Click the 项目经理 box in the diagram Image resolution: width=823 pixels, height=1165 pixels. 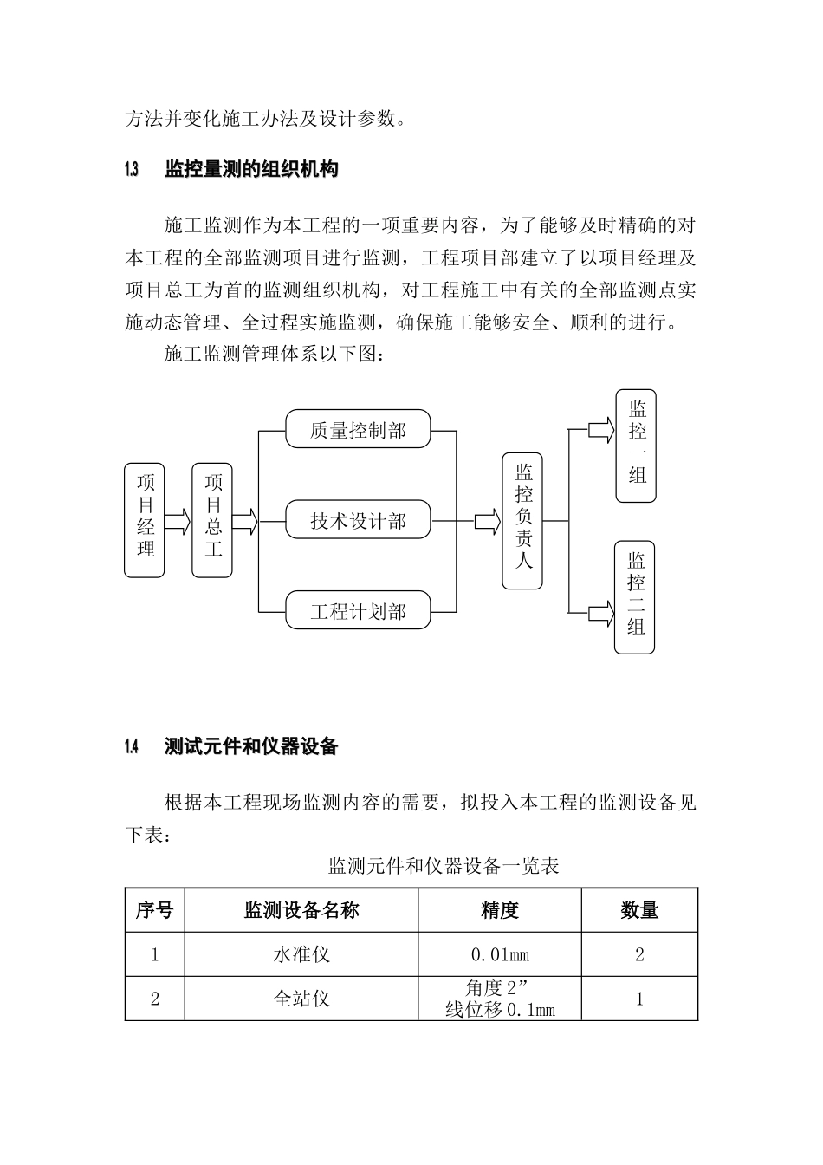coord(146,520)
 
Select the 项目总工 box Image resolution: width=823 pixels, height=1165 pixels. coord(212,520)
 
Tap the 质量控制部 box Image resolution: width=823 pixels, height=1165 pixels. coord(358,429)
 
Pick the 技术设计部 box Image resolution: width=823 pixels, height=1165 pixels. coord(358,520)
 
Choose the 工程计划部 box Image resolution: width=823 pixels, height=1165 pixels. coord(358,611)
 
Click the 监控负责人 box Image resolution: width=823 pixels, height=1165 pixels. coord(523,520)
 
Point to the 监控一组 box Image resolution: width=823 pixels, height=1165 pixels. coord(637,446)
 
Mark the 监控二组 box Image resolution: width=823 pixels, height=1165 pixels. coord(635,597)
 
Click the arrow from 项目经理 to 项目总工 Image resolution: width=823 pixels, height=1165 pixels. coord(178,521)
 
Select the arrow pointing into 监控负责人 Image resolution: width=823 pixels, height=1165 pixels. coord(487,521)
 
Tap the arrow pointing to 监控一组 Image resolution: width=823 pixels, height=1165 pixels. coord(600,430)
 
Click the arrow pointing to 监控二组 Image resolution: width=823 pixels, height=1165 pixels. coord(599,613)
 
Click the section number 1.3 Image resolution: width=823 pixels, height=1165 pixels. coord(132,169)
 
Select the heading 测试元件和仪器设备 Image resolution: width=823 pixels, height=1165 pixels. coord(251,746)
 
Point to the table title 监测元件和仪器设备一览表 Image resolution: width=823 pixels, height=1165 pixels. coord(444,865)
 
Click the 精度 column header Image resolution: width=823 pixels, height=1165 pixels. coord(500,910)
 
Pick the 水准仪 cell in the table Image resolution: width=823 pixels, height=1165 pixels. coord(301,955)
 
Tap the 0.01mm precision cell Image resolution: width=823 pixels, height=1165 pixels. coord(500,955)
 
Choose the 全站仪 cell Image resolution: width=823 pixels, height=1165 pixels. coord(301,999)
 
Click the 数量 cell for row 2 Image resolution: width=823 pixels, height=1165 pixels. coord(639,999)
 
